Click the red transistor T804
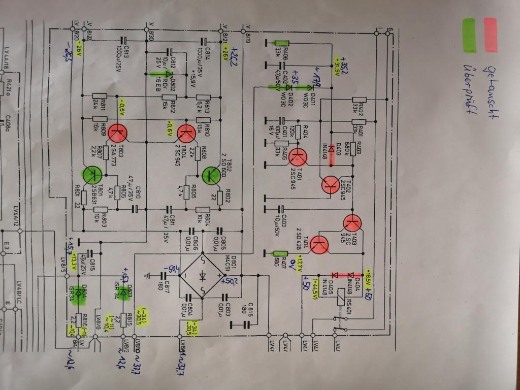click(187, 133)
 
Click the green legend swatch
click(469, 36)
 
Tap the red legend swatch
click(491, 35)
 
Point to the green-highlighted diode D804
click(78, 293)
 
